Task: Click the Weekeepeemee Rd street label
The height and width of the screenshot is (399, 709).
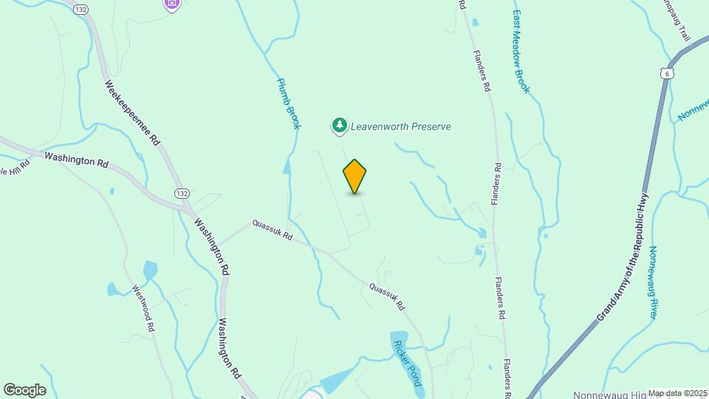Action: (x=134, y=113)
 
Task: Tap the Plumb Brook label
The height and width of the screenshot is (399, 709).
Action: (x=289, y=103)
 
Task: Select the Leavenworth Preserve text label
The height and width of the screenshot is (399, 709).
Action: (x=402, y=126)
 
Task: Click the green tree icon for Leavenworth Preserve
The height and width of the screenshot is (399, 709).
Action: (x=339, y=126)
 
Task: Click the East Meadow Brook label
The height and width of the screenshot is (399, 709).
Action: (x=521, y=52)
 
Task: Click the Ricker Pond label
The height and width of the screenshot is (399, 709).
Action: (x=408, y=363)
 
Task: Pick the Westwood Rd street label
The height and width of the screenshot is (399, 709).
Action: (x=143, y=307)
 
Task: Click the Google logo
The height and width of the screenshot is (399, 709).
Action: (x=24, y=390)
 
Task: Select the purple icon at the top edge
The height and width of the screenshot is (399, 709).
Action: (x=172, y=4)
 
